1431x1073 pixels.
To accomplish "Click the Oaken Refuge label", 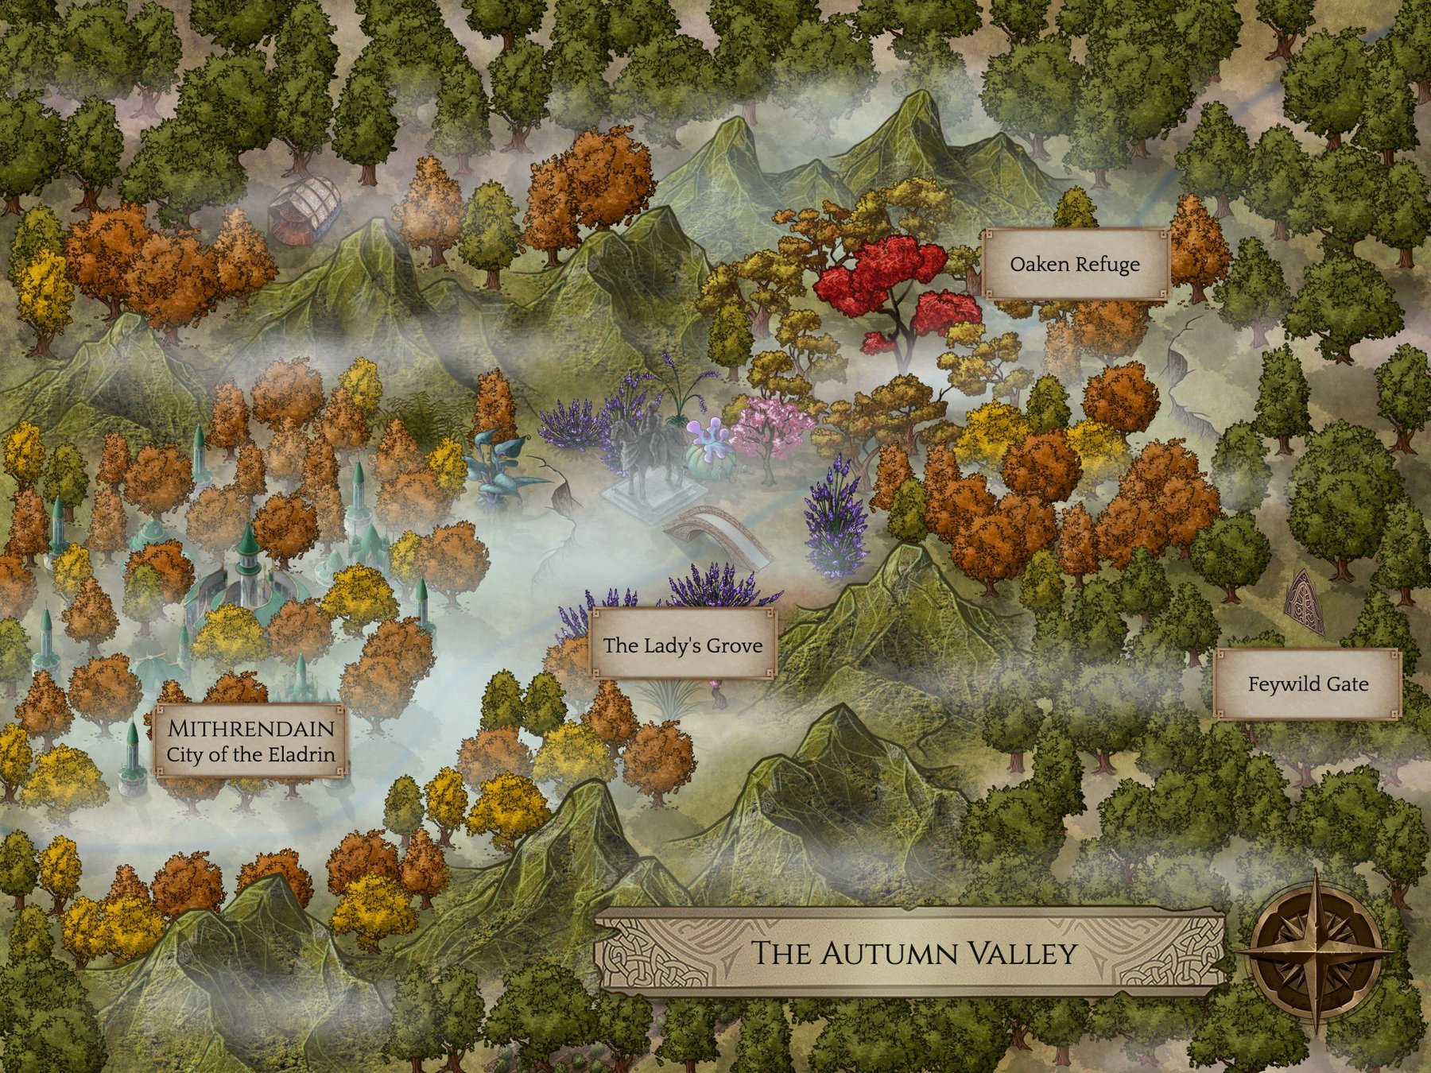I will (1075, 265).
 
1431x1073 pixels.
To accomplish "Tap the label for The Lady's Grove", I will (682, 645).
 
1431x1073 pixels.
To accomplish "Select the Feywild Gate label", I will (1308, 684).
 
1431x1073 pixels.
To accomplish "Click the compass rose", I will (1317, 951).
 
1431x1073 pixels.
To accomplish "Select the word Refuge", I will (1108, 265).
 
